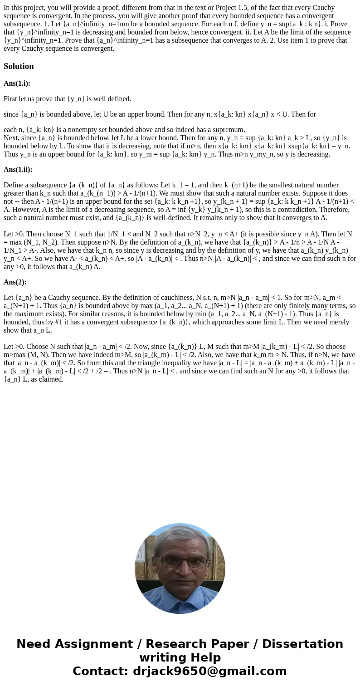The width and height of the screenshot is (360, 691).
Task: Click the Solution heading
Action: (x=19, y=66)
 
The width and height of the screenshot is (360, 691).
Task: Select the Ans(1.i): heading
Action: (x=17, y=83)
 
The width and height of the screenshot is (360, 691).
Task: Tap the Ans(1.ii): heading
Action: (x=18, y=170)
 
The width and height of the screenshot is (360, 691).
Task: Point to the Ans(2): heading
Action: (x=15, y=282)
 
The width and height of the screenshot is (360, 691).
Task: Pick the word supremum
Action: (x=229, y=130)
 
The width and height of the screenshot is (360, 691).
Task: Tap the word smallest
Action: (x=265, y=185)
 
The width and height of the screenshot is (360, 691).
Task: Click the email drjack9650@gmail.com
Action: (x=210, y=671)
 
